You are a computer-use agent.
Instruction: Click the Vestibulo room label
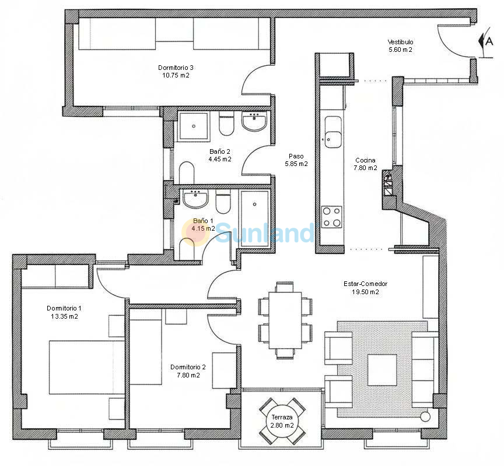tap(400, 42)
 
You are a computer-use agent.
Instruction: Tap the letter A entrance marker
tap(489, 41)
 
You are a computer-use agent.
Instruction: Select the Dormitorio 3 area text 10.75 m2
tap(176, 75)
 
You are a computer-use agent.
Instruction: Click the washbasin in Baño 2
tap(254, 121)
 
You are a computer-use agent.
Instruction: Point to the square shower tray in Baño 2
tap(194, 126)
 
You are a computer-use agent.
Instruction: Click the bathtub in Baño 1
tap(254, 219)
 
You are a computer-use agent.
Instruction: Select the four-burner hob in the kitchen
tap(332, 217)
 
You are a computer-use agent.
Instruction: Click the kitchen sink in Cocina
tap(332, 132)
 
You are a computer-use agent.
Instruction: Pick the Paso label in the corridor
tap(296, 156)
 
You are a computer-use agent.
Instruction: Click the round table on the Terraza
tap(282, 421)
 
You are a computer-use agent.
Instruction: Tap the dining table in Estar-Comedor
tap(285, 320)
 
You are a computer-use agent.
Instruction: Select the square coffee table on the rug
tap(382, 370)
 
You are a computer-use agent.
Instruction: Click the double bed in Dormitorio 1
tap(86, 367)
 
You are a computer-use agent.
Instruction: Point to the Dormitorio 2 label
tap(188, 367)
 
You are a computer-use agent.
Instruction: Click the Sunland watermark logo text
tap(265, 232)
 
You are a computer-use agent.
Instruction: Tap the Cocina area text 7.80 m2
tap(366, 168)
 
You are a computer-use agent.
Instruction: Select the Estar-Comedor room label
tap(366, 284)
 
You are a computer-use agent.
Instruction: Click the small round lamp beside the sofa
tap(425, 416)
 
